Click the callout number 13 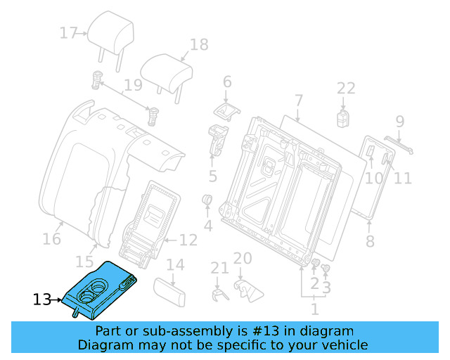coord(42,300)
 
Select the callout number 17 coord(68,33)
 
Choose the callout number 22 coord(346,89)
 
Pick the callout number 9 coord(399,121)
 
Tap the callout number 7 coord(298,100)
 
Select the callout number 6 coord(227,82)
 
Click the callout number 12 coord(188,240)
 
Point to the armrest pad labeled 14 coord(169,290)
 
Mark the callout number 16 coord(51,239)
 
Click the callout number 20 coord(242,258)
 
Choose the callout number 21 coord(220,268)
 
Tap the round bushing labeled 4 coord(208,202)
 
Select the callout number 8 coord(370,243)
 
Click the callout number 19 coord(133,87)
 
